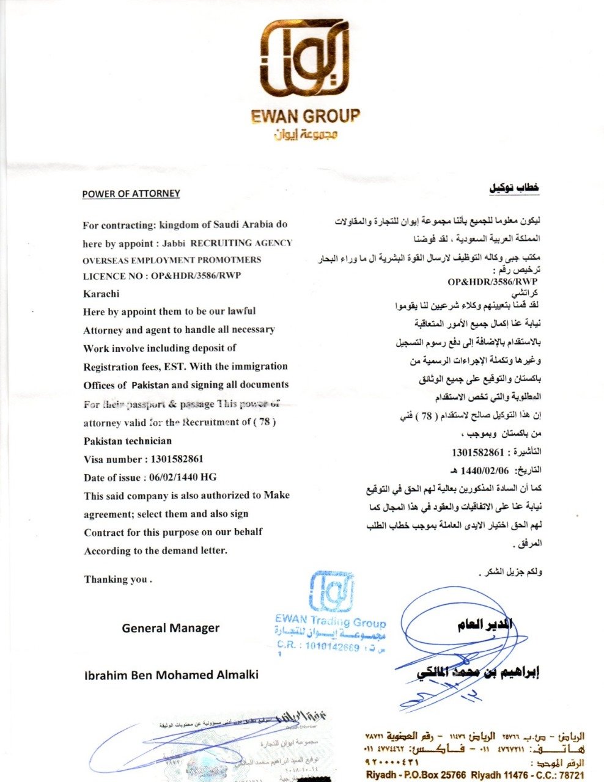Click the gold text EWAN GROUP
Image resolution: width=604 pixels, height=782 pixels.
(306, 115)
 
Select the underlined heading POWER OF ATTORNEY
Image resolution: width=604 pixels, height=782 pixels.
(131, 194)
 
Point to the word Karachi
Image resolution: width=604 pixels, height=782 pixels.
(101, 293)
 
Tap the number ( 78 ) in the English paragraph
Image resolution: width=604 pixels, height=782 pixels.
(265, 422)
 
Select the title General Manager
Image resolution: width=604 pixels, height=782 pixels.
(171, 627)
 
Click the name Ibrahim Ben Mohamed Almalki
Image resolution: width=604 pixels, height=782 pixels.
(171, 674)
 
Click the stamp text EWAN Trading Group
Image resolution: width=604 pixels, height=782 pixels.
(330, 622)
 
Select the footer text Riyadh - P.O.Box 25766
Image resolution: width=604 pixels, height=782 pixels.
(416, 775)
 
